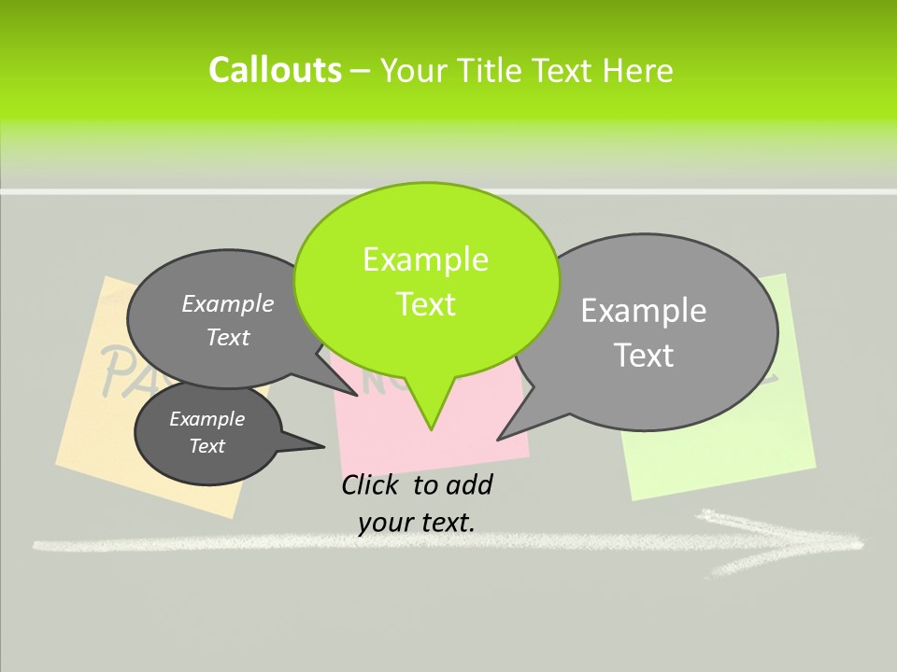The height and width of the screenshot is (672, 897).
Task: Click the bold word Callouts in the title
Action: pos(275,70)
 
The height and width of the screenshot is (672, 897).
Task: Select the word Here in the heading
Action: pos(638,71)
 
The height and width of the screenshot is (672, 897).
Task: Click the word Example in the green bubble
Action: pos(425,259)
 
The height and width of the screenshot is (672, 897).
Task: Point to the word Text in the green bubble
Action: pos(425,304)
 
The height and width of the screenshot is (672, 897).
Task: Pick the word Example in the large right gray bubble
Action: pos(644,311)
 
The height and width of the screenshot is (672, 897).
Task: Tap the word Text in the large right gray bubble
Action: pos(644,355)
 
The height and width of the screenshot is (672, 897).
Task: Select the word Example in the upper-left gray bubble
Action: pos(228,303)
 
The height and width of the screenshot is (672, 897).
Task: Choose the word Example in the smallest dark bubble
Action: pos(206,419)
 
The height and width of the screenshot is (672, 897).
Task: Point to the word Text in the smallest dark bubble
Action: pos(206,446)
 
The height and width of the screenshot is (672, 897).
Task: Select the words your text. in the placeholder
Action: pos(417,522)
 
